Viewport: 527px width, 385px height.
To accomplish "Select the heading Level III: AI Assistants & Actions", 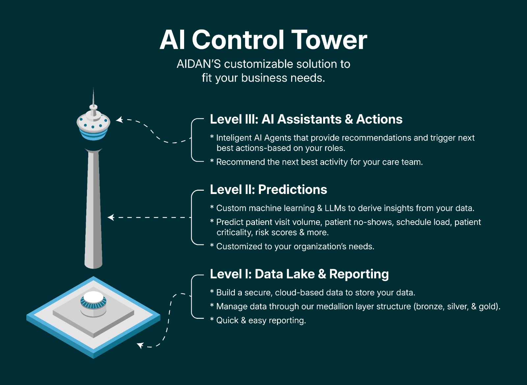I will tap(306, 119).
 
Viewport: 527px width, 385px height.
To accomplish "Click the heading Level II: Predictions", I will tap(268, 190).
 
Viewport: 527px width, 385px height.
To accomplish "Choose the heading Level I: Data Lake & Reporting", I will tap(299, 274).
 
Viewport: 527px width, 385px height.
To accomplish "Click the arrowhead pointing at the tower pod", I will tap(119, 120).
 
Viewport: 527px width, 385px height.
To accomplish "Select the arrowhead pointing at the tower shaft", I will tap(111, 217).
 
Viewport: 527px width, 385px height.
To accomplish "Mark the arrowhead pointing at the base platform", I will tap(140, 345).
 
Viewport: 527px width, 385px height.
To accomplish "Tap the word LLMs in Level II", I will tap(335, 208).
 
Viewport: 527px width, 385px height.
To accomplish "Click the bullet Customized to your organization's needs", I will tap(295, 247).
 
